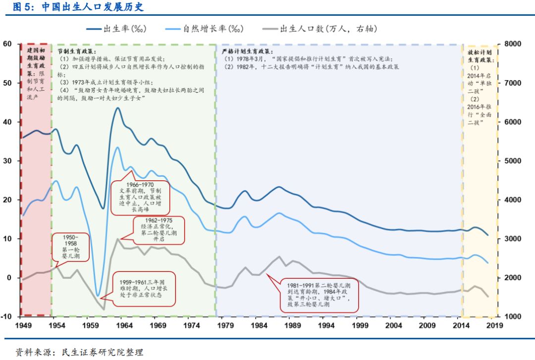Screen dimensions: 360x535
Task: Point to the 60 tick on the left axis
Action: pos(7,44)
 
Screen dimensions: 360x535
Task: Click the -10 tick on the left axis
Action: pos(6,316)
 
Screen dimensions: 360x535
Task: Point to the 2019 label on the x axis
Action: pos(494,325)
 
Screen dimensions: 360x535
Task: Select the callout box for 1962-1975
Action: pos(159,230)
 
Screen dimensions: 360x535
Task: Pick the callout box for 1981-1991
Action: pos(319,295)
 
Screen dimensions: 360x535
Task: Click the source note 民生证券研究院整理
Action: pos(102,352)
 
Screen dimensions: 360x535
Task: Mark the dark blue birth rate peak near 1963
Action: pos(117,108)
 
